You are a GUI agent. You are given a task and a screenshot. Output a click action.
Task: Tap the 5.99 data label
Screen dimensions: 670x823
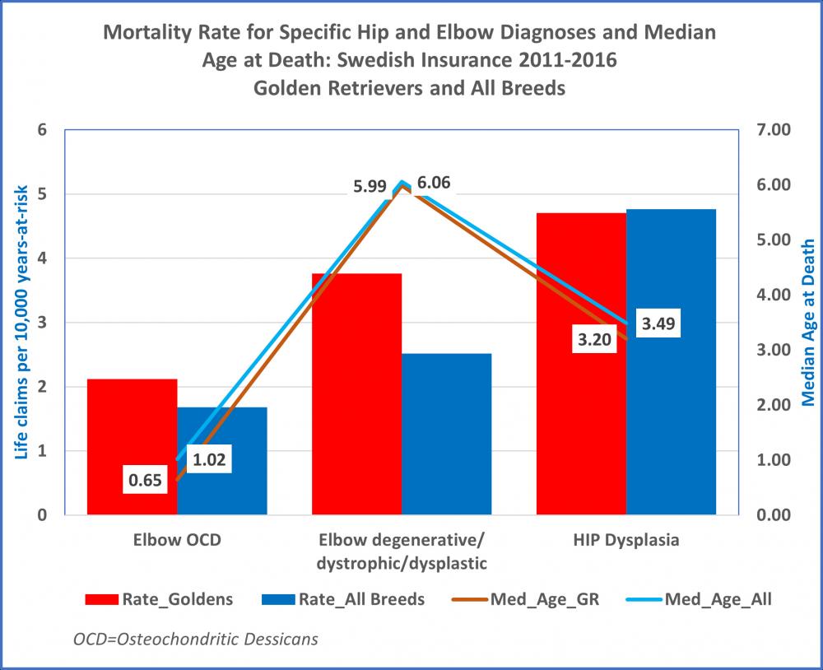tap(370, 185)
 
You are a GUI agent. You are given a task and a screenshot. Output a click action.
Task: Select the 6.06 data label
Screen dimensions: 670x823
tap(435, 184)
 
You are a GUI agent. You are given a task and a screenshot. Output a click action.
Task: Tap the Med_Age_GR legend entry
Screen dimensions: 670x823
tap(521, 598)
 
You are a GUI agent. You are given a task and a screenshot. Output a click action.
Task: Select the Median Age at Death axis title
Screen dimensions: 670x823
tap(807, 323)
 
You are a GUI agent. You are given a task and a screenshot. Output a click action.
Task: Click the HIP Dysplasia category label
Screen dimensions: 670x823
tap(626, 541)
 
